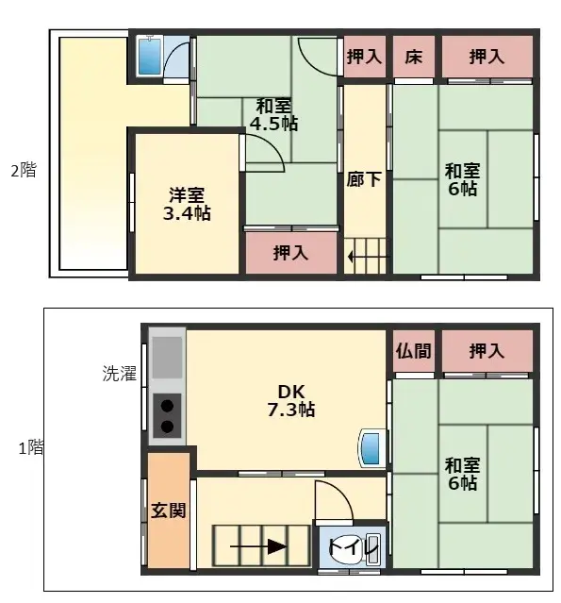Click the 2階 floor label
pyautogui.click(x=24, y=171)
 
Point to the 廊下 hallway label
pyautogui.click(x=364, y=179)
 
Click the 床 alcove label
pyautogui.click(x=414, y=57)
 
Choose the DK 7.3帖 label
pyautogui.click(x=290, y=401)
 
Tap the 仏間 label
pyautogui.click(x=414, y=351)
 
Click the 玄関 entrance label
pyautogui.click(x=168, y=511)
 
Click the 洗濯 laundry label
pyautogui.click(x=120, y=374)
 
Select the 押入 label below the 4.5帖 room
pyautogui.click(x=290, y=252)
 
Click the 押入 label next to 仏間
pyautogui.click(x=487, y=351)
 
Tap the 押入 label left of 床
pyautogui.click(x=364, y=57)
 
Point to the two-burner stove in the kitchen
pyautogui.click(x=167, y=415)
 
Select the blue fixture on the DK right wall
pyautogui.click(x=371, y=447)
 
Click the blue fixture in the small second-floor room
pyautogui.click(x=150, y=58)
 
